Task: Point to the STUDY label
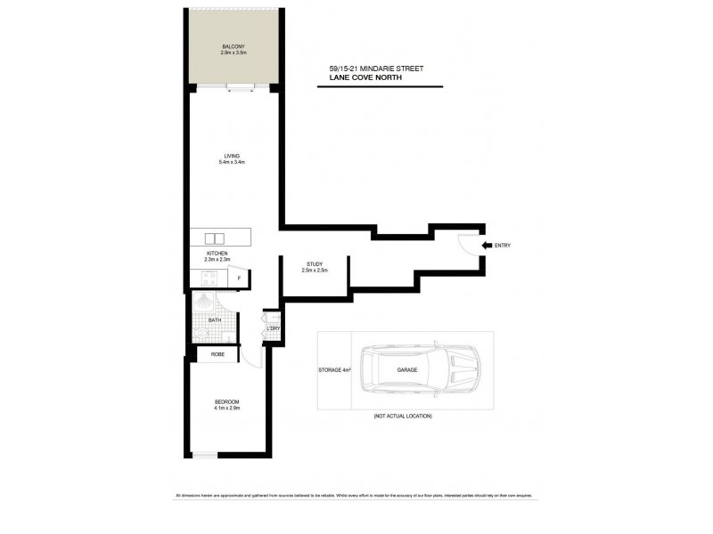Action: (x=314, y=264)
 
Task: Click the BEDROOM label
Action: (x=226, y=402)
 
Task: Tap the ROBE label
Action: (x=217, y=354)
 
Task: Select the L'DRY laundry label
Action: (x=274, y=328)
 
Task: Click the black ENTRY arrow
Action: (x=487, y=245)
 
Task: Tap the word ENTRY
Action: (x=504, y=245)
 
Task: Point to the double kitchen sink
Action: (x=215, y=238)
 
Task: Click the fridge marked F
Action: (x=239, y=279)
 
